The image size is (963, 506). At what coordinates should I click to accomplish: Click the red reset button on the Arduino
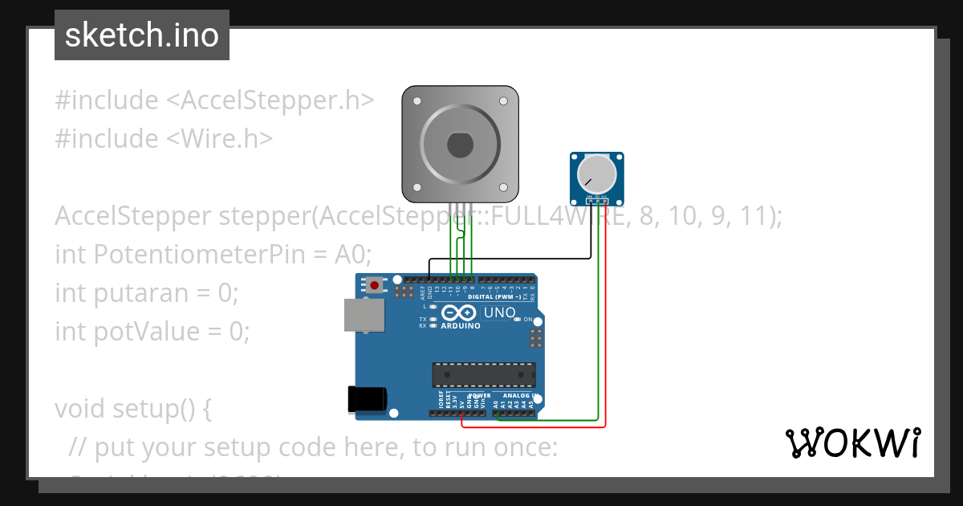point(374,284)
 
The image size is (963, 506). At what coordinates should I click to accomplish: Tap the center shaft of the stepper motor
point(460,145)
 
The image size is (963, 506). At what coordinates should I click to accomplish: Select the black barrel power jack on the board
point(368,400)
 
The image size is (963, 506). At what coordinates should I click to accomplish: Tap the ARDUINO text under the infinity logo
point(461,326)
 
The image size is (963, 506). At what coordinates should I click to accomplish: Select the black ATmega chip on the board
point(484,374)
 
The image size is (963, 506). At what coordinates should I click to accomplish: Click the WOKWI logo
point(852,443)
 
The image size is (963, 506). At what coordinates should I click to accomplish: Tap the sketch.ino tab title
point(142,35)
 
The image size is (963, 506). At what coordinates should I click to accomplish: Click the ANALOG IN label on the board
point(520,396)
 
